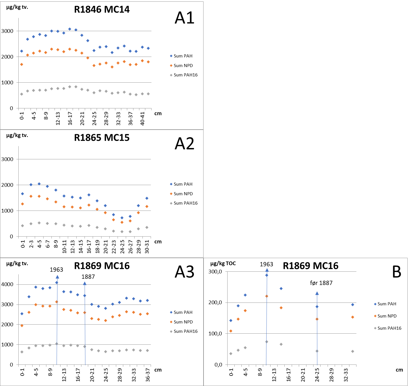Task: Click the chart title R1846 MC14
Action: coord(102,10)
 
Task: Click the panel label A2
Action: coord(185,144)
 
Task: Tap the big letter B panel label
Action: coord(397,272)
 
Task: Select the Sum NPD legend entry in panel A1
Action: coord(183,66)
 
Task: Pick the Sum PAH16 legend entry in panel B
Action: coord(389,328)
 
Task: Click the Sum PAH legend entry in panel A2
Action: coord(183,184)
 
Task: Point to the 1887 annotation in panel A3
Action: coord(88,277)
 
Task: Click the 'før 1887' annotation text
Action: coord(321,283)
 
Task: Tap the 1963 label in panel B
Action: coord(266,264)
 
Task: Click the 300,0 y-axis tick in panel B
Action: coord(215,272)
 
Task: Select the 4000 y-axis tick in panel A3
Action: coord(7,284)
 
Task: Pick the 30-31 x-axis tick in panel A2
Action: coord(147,247)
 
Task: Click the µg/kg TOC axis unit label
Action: coord(223,263)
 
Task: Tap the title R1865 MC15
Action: coord(102,138)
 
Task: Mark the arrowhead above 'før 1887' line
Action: coord(317,293)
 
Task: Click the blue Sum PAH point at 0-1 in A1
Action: coord(21,51)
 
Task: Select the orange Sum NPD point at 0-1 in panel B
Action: coord(231,331)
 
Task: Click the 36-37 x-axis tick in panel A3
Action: coord(148,375)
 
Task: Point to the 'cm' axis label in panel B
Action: coord(399,370)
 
